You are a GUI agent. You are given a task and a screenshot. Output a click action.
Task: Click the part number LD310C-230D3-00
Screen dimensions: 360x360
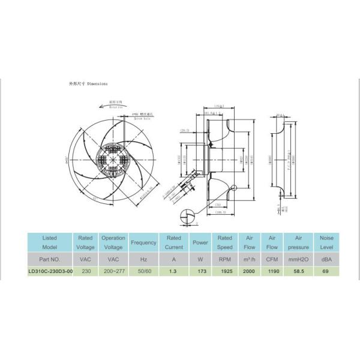click(x=50, y=271)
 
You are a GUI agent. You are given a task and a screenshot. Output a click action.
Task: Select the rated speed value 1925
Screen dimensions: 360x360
click(x=224, y=271)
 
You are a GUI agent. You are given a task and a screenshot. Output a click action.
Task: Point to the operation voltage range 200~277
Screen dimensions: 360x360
click(x=113, y=271)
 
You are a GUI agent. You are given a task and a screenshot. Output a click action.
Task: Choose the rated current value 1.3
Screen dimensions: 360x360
click(x=173, y=271)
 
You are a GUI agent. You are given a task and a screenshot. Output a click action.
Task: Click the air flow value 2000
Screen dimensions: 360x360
click(x=248, y=271)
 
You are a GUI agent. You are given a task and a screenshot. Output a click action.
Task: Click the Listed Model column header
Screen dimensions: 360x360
click(x=50, y=242)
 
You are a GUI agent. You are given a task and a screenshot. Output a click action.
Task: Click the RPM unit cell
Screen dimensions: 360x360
click(x=224, y=259)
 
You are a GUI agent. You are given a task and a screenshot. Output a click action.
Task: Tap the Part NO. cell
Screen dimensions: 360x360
click(x=50, y=259)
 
